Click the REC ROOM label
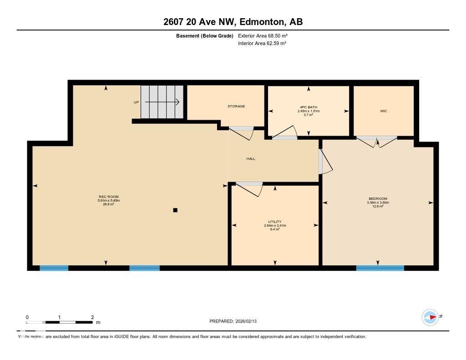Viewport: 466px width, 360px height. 108,197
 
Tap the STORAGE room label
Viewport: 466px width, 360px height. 236,106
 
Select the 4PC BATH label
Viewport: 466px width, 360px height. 309,107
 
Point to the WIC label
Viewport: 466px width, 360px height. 384,111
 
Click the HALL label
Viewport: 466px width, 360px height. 251,159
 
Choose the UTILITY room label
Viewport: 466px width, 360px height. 275,222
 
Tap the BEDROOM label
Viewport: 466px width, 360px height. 378,199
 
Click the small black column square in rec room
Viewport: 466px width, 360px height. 175,210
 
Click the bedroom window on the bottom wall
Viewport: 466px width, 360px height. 380,268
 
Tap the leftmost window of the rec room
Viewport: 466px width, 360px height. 54,268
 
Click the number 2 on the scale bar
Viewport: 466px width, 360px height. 92,317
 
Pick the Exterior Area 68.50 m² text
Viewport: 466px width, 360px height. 263,35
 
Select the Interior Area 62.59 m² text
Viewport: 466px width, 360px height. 262,44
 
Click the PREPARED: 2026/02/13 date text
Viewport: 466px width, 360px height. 236,321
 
